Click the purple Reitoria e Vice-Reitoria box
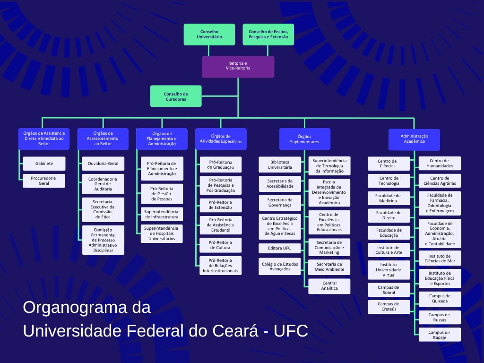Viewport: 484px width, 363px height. tap(238, 67)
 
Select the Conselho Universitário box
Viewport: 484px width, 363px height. tap(209, 35)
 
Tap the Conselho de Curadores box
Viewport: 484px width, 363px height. tap(175, 96)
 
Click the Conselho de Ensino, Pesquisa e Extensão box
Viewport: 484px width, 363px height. tap(268, 35)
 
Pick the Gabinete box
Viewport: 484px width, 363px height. tap(44, 164)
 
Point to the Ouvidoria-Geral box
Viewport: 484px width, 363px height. tap(103, 164)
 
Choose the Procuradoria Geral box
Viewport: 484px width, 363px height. tap(44, 181)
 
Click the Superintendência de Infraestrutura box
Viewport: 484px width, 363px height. tap(162, 214)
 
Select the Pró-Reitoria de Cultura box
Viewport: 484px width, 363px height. tap(220, 245)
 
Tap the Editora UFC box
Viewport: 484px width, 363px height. tap(280, 248)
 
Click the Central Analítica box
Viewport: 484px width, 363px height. tap(329, 286)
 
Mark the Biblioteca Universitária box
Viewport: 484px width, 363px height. tap(280, 164)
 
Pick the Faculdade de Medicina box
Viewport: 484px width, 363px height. tap(389, 198)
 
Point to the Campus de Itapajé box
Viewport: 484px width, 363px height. tap(440, 335)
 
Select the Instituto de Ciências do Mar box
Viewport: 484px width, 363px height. tap(440, 258)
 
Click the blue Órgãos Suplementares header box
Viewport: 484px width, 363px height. tap(304, 139)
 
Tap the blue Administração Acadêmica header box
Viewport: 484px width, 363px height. tap(414, 139)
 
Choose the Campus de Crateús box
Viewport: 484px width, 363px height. tap(389, 307)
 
